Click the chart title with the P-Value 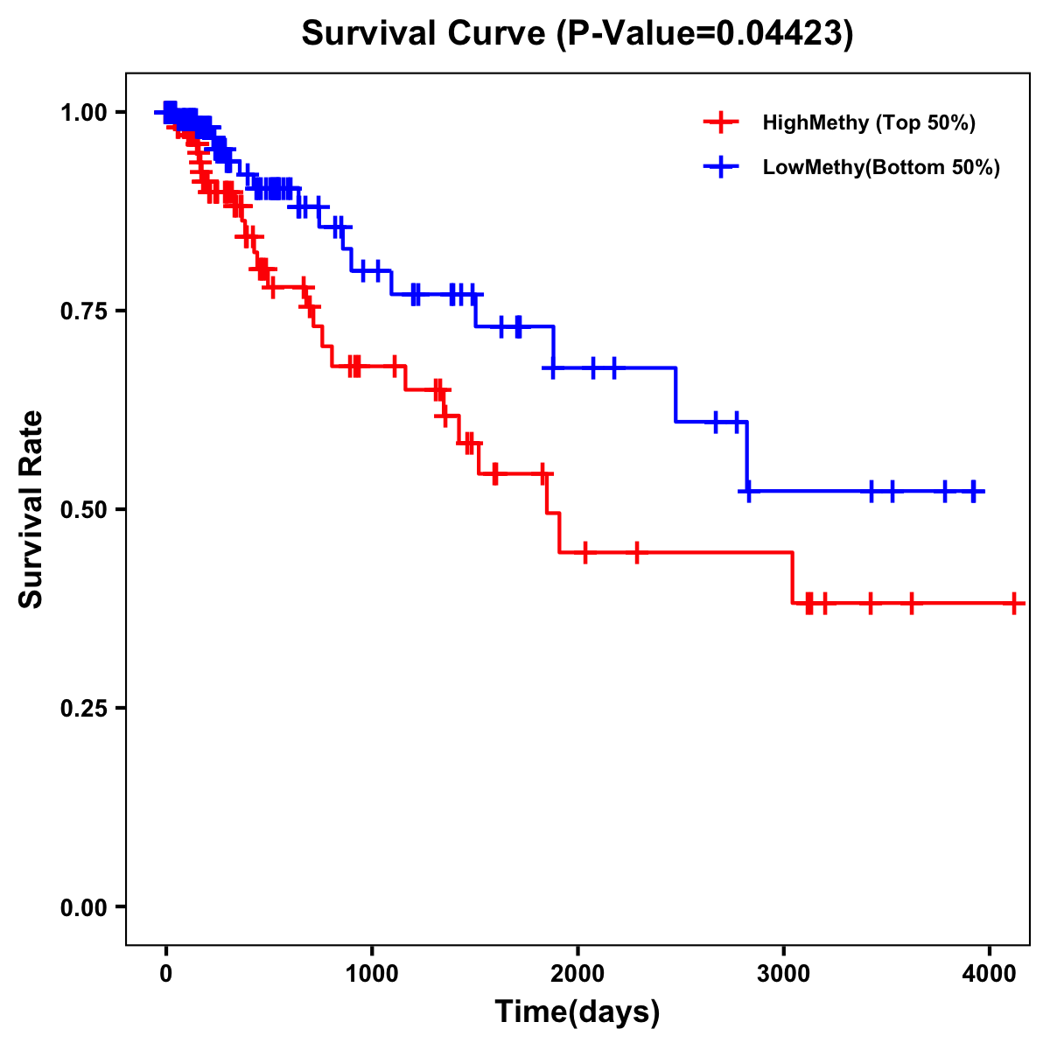(577, 33)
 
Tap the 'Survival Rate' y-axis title (31, 508)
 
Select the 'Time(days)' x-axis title (577, 1011)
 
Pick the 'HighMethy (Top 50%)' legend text (869, 122)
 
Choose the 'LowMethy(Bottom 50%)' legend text (881, 167)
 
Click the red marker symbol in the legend (721, 122)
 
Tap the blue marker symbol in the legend (721, 167)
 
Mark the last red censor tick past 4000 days (1014, 603)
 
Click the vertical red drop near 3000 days (793, 577)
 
